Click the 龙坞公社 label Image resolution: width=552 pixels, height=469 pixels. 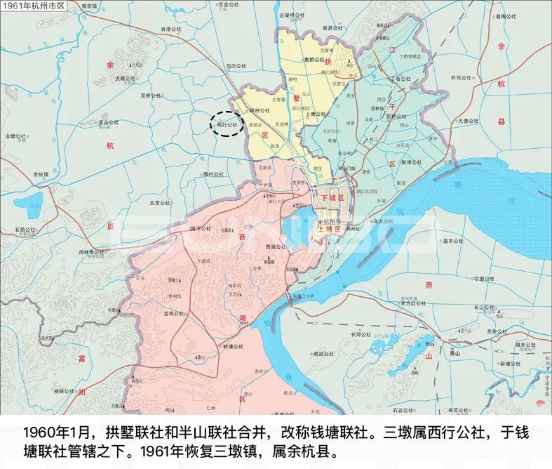pos(173,314)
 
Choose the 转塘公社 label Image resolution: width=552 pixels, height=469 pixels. pos(232,346)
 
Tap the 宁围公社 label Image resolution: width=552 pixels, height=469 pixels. pos(484,278)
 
